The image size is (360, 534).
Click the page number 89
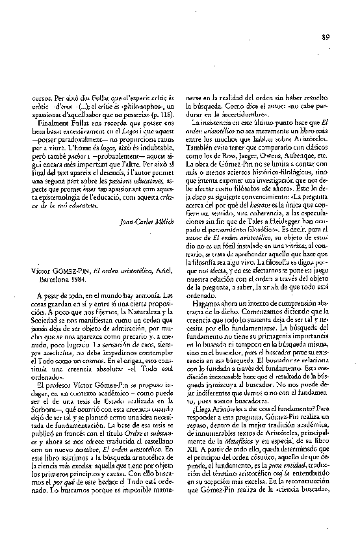tap(325, 36)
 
